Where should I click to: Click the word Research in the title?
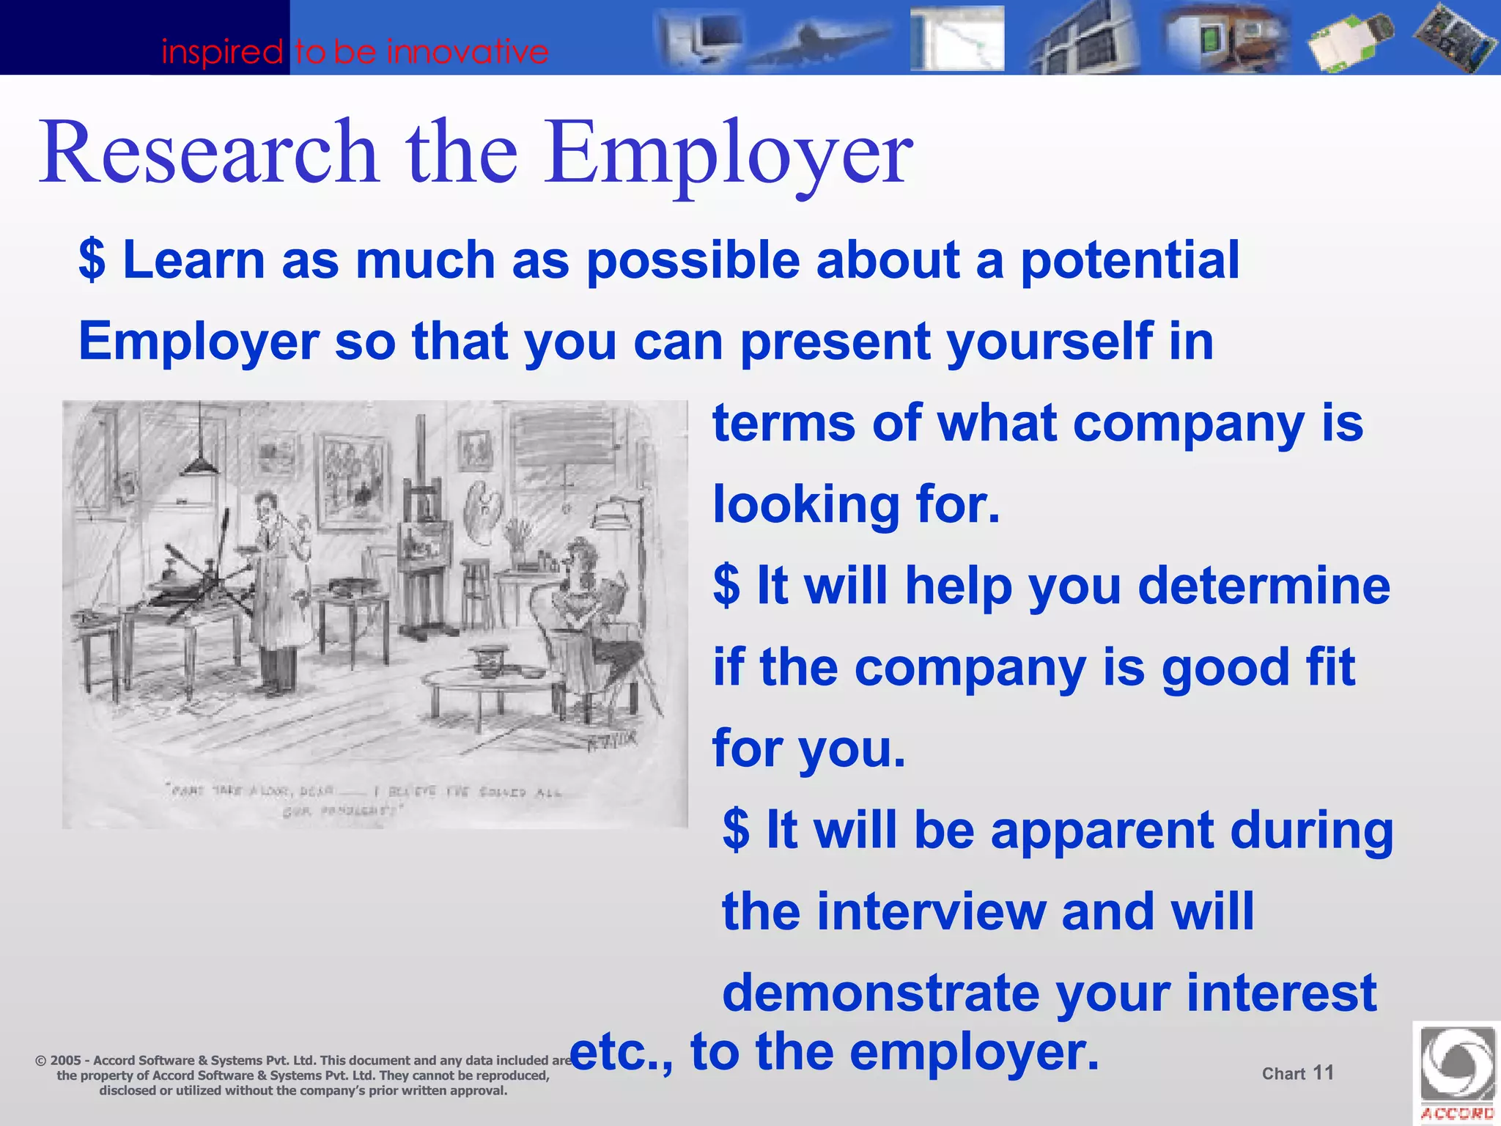[x=209, y=152]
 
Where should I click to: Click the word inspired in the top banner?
[x=222, y=52]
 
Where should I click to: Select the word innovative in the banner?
[x=468, y=52]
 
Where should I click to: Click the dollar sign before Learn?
[x=92, y=260]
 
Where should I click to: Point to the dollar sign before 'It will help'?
[x=726, y=586]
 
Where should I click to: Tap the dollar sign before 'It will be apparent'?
[x=736, y=830]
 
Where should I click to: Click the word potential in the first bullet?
[x=1129, y=260]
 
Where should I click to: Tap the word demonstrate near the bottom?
[x=879, y=993]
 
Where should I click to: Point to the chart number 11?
[x=1323, y=1072]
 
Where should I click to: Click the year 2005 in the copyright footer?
[x=65, y=1060]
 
